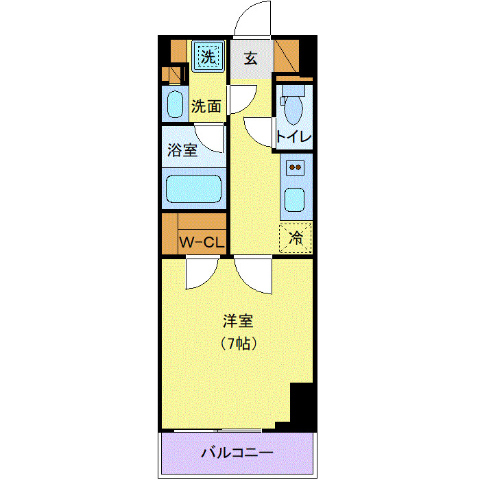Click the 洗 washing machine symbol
(x=207, y=55)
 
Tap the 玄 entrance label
(x=250, y=58)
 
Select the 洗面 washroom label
(x=206, y=106)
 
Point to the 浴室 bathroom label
(x=182, y=149)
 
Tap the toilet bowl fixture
(x=294, y=106)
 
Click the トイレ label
(x=294, y=136)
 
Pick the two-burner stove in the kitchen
(x=296, y=167)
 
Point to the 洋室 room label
(x=238, y=320)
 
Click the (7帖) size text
(x=237, y=343)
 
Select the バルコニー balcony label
(x=237, y=454)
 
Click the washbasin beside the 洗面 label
(x=176, y=104)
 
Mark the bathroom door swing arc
(x=210, y=139)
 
